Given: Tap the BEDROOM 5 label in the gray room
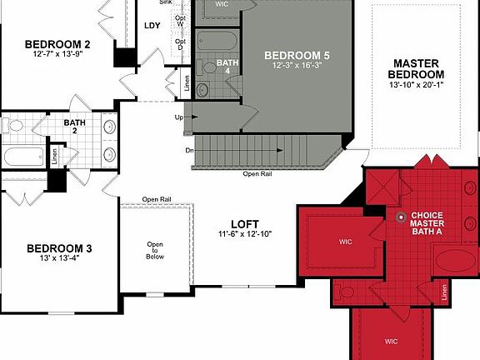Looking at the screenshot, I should pyautogui.click(x=297, y=56).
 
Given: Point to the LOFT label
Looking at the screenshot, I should pyautogui.click(x=245, y=224).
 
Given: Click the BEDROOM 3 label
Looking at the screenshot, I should pyautogui.click(x=59, y=248).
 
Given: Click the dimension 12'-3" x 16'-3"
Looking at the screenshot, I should pyautogui.click(x=297, y=66).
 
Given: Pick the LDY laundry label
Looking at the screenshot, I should pyautogui.click(x=152, y=25).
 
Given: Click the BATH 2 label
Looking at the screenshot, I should pyautogui.click(x=74, y=127).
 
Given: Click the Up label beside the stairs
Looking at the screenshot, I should pyautogui.click(x=178, y=117).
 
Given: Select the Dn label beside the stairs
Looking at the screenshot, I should pyautogui.click(x=191, y=151).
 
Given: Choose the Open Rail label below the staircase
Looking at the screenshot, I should pyautogui.click(x=257, y=174).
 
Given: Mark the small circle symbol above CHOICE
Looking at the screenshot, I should pyautogui.click(x=401, y=218).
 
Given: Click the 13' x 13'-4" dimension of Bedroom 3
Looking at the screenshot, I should pyautogui.click(x=59, y=259).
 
